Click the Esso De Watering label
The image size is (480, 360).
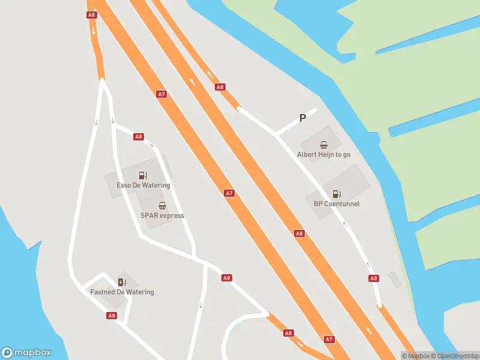point(143,185)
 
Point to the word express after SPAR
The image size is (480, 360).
point(172,215)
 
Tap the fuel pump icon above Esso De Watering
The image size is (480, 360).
point(143,176)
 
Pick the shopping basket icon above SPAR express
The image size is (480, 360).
point(162,206)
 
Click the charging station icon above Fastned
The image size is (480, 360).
point(122,283)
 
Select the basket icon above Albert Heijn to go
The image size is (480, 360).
point(324,145)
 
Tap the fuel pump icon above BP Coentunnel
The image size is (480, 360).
point(336,194)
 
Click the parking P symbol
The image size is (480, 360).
point(303,118)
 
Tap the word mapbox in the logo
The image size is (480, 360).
point(33,353)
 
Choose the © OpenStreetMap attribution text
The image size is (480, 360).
point(455,356)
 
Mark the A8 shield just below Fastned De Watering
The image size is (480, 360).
point(112,315)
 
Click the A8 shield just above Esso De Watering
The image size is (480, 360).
point(139,137)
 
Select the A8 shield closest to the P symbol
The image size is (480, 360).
point(220,87)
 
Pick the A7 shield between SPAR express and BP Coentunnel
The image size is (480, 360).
point(229,193)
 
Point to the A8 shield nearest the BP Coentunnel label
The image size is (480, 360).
point(299,233)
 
